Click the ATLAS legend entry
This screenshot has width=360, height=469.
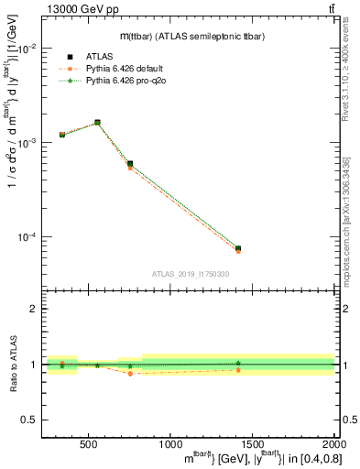pyautogui.click(x=99, y=56)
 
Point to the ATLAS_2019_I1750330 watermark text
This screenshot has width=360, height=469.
pyautogui.click(x=190, y=273)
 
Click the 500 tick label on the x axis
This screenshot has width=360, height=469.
pyautogui.click(x=89, y=443)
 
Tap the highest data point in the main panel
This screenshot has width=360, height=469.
pyautogui.click(x=97, y=122)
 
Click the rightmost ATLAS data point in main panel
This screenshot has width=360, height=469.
pyautogui.click(x=237, y=248)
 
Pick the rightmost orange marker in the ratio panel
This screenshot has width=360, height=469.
pyautogui.click(x=237, y=370)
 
